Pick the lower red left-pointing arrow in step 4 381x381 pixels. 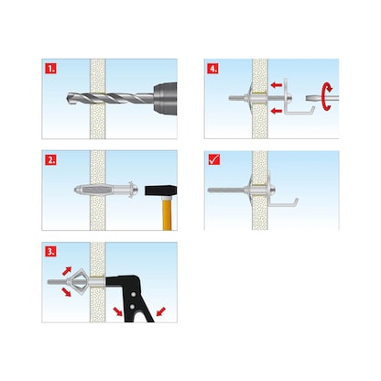(278, 111)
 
